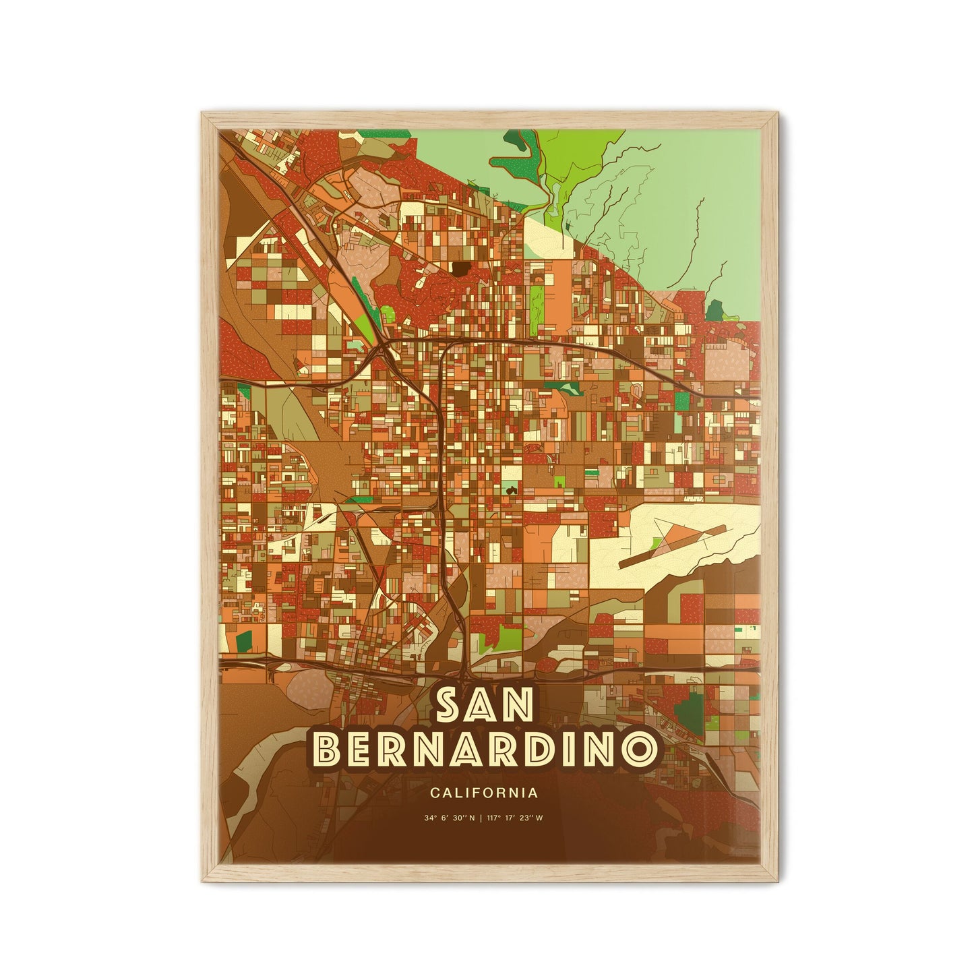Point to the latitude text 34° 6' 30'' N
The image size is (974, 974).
point(450,818)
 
